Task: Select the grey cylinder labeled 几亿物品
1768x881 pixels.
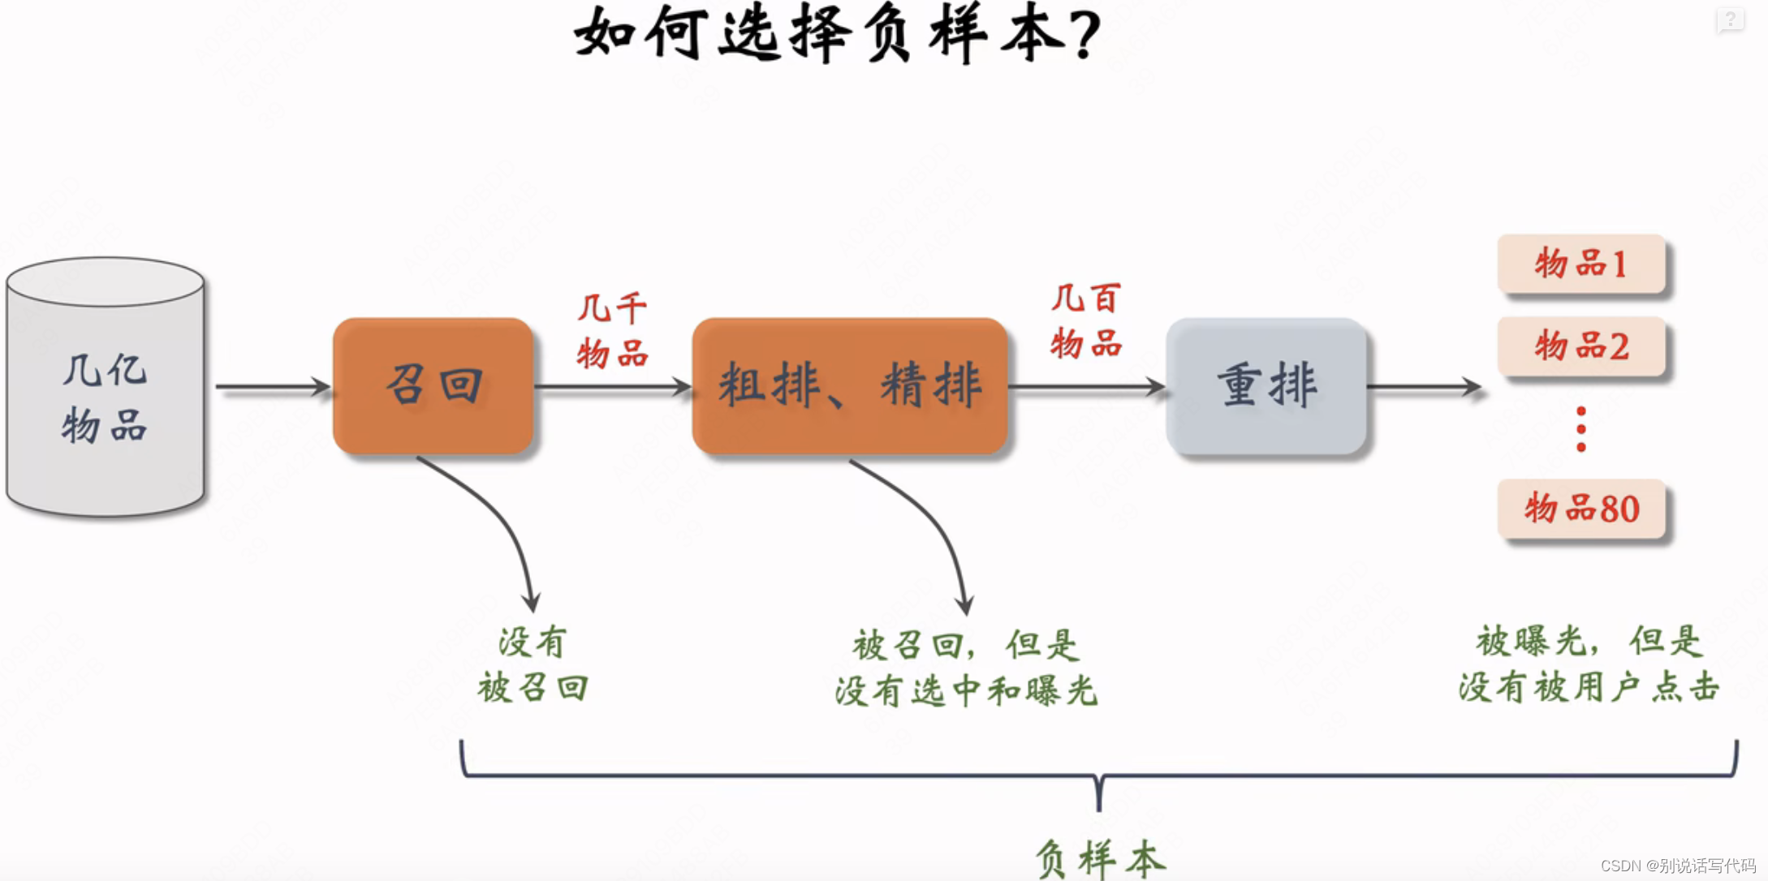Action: pos(105,389)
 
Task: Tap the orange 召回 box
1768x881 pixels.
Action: pos(433,385)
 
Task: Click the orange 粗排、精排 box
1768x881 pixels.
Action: pos(849,385)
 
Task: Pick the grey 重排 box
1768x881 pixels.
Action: pos(1266,385)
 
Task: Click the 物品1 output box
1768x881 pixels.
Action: pos(1580,264)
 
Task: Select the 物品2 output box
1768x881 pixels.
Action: pos(1580,346)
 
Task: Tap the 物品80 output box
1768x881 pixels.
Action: pos(1580,509)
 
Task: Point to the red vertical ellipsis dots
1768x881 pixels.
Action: pos(1580,429)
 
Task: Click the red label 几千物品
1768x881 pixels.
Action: pos(612,331)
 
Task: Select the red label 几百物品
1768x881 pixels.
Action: pos(1085,321)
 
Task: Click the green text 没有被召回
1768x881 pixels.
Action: pos(533,665)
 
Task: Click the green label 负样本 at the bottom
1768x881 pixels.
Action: pos(1099,858)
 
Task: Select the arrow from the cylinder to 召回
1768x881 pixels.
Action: pos(272,387)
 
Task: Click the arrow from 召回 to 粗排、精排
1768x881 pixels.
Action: pos(613,387)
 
